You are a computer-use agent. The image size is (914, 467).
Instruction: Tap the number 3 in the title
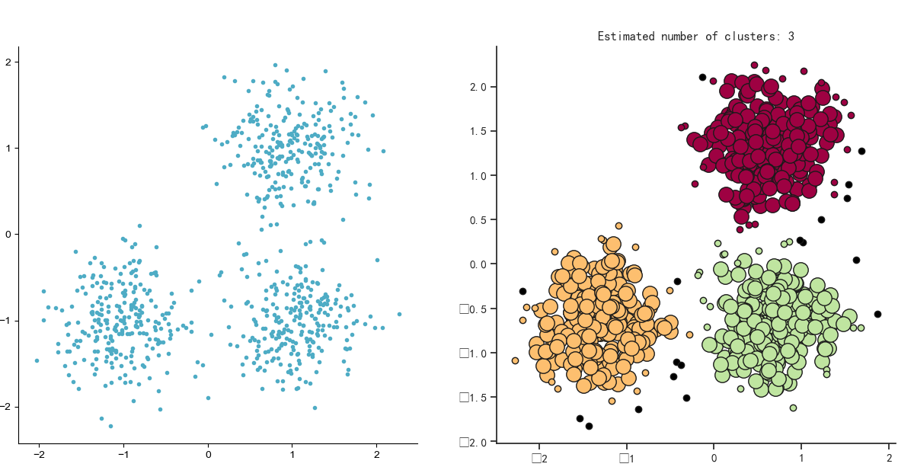pyautogui.click(x=791, y=37)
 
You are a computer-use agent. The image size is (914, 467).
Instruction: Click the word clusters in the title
pyautogui.click(x=755, y=37)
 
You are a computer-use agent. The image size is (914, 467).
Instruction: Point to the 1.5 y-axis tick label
pyautogui.click(x=478, y=131)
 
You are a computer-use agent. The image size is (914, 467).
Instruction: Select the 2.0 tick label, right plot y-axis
pyautogui.click(x=478, y=87)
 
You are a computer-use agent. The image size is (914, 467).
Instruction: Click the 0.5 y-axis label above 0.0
pyautogui.click(x=478, y=220)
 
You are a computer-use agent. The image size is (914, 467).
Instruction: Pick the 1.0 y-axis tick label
pyautogui.click(x=478, y=176)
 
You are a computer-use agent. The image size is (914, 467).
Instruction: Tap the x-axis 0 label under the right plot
pyautogui.click(x=714, y=458)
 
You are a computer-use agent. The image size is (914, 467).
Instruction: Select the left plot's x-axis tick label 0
pyautogui.click(x=208, y=455)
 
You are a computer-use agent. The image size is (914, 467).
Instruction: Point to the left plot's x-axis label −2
pyautogui.click(x=38, y=455)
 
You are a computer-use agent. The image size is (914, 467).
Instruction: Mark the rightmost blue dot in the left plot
pyautogui.click(x=399, y=314)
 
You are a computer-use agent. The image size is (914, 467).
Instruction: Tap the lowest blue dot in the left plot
pyautogui.click(x=110, y=426)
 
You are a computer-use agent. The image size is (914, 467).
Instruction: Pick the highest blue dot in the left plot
pyautogui.click(x=275, y=65)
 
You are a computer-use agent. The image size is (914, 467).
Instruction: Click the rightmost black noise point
pyautogui.click(x=877, y=314)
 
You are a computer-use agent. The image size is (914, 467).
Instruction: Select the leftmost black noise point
pyautogui.click(x=523, y=291)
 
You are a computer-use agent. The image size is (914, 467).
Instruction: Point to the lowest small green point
pyautogui.click(x=793, y=408)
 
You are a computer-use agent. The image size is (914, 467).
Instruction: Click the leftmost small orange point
pyautogui.click(x=515, y=360)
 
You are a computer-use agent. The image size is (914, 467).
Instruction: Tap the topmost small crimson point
pyautogui.click(x=754, y=66)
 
